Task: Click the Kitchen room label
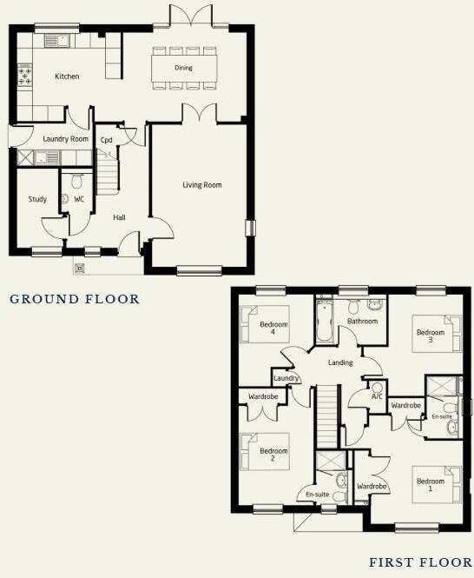tap(67, 76)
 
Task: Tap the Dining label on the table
tap(183, 67)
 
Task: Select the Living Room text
tap(201, 184)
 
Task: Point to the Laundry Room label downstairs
tap(67, 139)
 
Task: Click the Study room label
tap(37, 199)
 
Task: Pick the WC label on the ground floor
tap(79, 199)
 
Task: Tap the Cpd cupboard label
tap(107, 139)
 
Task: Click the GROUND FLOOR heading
tap(75, 299)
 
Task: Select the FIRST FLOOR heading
tap(421, 562)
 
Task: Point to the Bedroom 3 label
tap(430, 336)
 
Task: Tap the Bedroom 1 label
tap(430, 485)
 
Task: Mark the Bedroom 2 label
tap(273, 455)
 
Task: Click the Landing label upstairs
tap(340, 362)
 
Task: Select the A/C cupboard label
tap(377, 396)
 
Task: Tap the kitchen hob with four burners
tap(25, 76)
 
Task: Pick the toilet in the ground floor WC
tap(76, 182)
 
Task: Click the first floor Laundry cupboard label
tap(286, 378)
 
